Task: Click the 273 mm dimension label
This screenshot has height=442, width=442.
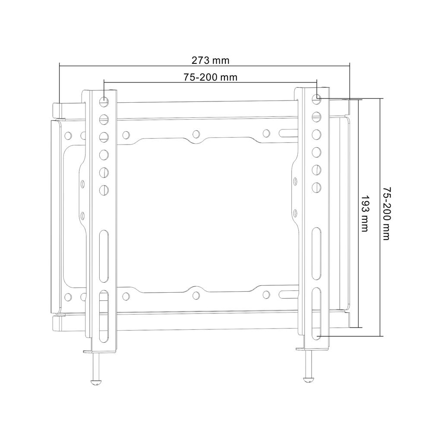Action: (x=211, y=60)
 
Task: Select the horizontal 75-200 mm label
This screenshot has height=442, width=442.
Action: (x=211, y=77)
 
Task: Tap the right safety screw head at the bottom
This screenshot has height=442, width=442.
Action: (x=308, y=378)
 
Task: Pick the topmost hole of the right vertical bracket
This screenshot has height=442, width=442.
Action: (x=316, y=97)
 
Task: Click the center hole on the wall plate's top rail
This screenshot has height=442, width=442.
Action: (x=196, y=134)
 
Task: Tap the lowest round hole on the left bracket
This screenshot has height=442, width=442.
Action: (x=104, y=189)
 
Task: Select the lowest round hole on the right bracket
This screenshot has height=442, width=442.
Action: (x=316, y=187)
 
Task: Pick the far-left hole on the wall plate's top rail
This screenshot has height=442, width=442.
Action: (x=68, y=136)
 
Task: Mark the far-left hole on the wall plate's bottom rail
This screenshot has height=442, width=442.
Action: (x=68, y=297)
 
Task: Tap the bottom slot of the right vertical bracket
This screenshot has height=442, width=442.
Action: (x=316, y=313)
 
